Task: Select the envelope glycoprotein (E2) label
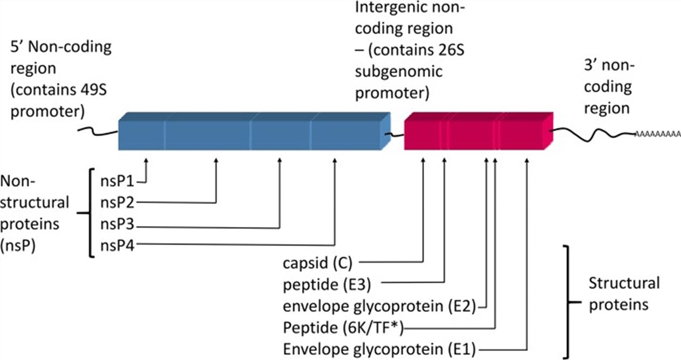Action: tap(378, 306)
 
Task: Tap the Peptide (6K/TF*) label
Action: tap(344, 328)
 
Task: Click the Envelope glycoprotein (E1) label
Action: tap(378, 349)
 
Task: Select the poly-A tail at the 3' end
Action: tap(657, 133)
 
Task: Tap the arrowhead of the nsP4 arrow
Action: tap(335, 160)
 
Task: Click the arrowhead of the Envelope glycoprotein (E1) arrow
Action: tap(526, 160)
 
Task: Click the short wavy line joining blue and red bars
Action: tap(396, 134)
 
